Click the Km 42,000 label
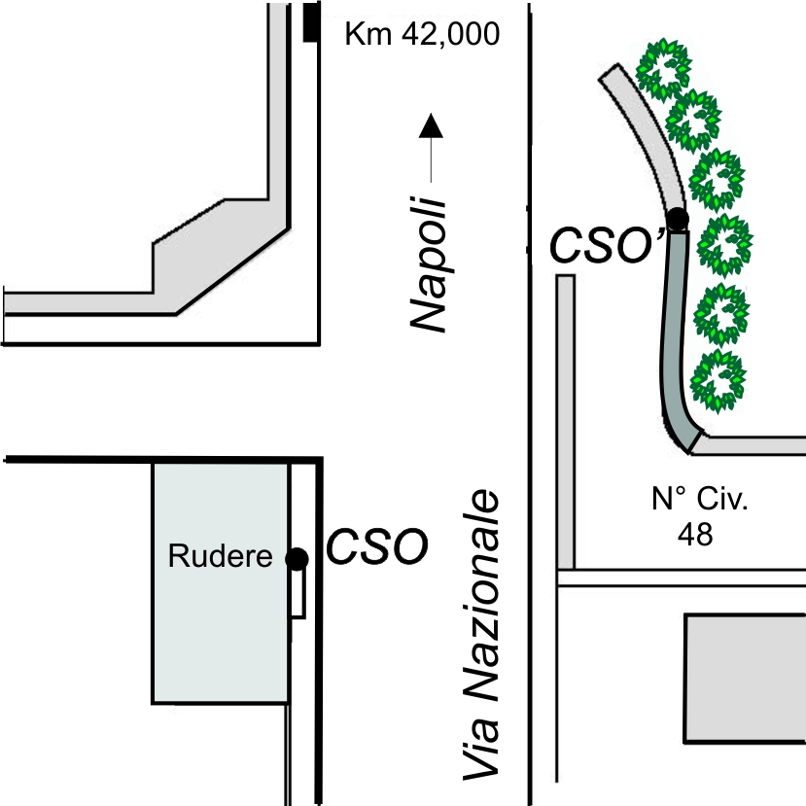(422, 34)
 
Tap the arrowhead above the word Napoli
(431, 125)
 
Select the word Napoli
(428, 264)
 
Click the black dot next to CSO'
(678, 219)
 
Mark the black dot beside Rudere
(297, 559)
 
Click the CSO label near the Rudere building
(377, 545)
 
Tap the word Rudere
(220, 556)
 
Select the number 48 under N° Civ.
(695, 535)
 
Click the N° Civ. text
(700, 498)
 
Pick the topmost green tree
(663, 67)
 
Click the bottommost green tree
(718, 381)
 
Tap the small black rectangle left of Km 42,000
(310, 21)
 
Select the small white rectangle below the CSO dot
(298, 593)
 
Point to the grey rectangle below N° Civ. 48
(745, 678)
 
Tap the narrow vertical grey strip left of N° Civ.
(566, 422)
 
